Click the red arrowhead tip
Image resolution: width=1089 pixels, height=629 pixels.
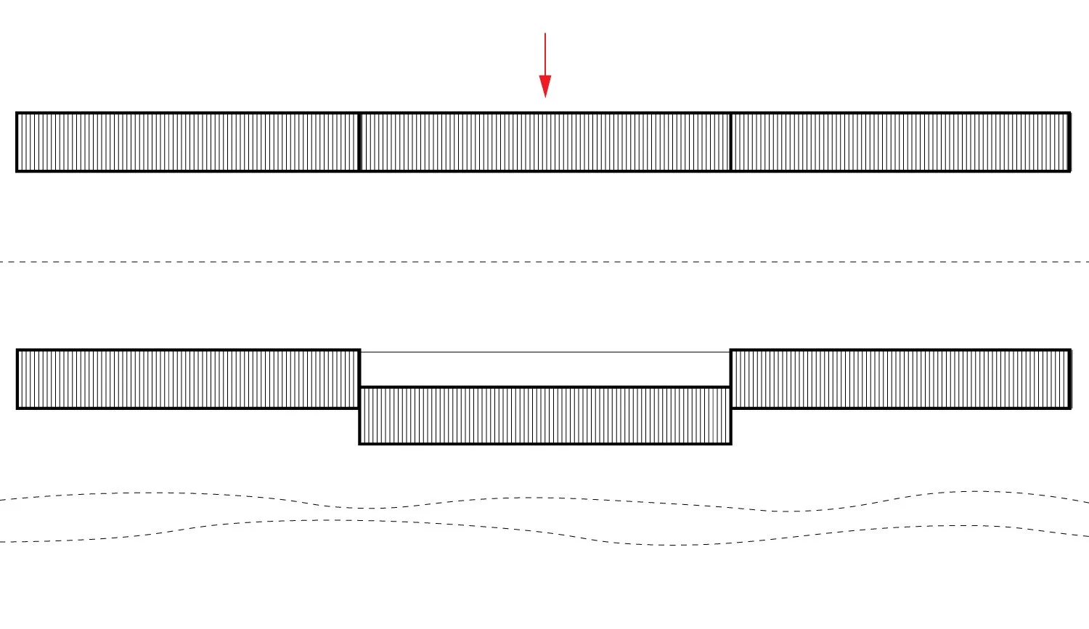(545, 96)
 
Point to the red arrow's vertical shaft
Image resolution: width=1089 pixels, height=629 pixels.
(545, 54)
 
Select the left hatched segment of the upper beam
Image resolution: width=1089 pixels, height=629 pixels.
(188, 142)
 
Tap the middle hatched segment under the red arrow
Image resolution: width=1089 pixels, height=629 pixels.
(545, 142)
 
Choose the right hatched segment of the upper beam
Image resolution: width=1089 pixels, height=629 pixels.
(900, 142)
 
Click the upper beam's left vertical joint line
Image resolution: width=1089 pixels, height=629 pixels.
(360, 142)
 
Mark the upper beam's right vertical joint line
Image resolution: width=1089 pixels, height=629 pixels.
(730, 142)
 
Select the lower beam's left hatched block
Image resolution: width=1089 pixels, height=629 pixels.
(188, 379)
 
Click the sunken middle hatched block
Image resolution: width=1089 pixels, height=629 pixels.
(545, 415)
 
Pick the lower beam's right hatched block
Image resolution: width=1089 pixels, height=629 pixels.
(900, 379)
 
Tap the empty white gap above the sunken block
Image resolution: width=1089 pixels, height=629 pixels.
(545, 369)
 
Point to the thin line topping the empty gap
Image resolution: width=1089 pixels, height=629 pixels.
(545, 353)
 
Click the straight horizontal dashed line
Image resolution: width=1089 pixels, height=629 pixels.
(544, 262)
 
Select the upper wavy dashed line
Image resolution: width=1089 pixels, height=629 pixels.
(544, 498)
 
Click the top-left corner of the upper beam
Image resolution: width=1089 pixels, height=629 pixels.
(17, 113)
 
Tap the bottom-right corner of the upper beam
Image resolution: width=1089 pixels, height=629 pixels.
(1070, 171)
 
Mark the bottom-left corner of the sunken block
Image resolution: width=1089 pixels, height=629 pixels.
(360, 443)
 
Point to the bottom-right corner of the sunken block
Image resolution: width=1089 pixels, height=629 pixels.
(730, 443)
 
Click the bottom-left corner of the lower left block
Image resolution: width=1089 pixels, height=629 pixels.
(17, 408)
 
